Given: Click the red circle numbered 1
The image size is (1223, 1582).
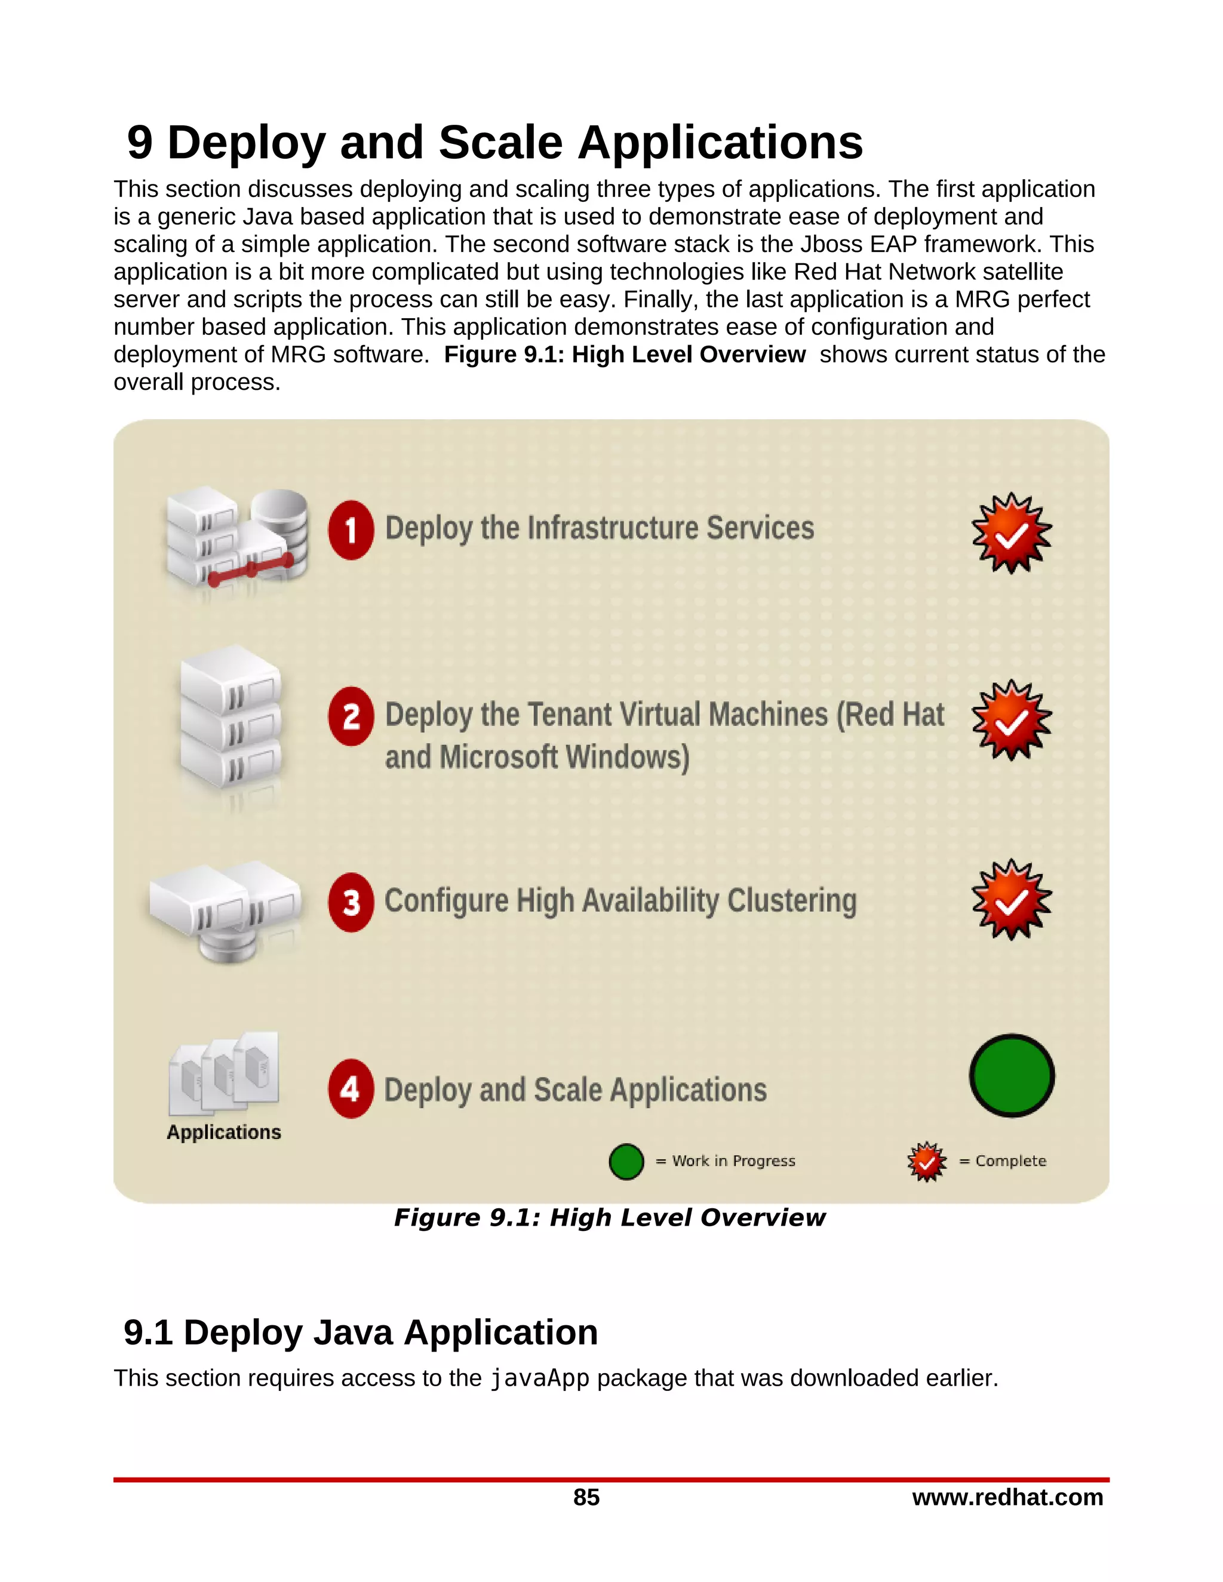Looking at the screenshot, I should [351, 530].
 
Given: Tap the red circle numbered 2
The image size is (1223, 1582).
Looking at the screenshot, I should [351, 716].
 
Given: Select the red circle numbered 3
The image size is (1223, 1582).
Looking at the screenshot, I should [351, 902].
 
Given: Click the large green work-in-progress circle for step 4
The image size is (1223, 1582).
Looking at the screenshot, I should [1012, 1075].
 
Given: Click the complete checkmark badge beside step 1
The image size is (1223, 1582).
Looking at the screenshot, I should [1012, 534].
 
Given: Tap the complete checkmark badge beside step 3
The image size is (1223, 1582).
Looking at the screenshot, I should [1012, 900].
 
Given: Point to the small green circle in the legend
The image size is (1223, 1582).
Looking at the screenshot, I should [626, 1161].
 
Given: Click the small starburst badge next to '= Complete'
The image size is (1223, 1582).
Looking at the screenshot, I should [927, 1161].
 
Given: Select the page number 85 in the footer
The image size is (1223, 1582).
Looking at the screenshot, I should [586, 1497].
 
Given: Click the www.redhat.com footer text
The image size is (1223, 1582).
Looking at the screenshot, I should [1007, 1497].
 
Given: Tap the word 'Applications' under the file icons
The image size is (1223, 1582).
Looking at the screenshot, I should [224, 1132].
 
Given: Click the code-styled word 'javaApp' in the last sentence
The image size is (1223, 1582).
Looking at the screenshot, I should [540, 1378].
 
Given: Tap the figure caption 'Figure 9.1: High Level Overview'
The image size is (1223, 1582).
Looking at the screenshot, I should [609, 1218].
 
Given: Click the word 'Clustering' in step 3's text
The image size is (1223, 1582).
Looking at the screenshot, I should [791, 901].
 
